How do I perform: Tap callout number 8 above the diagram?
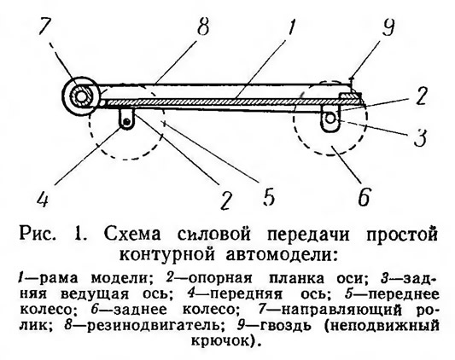(202, 25)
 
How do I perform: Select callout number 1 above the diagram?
(290, 26)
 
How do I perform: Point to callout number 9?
(388, 26)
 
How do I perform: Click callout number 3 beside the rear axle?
(421, 136)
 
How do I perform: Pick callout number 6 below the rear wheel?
(364, 196)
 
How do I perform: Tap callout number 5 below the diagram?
(268, 196)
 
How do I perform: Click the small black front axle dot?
(126, 122)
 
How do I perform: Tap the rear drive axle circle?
(330, 119)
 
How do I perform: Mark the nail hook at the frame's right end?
(352, 82)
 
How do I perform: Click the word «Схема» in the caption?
(131, 234)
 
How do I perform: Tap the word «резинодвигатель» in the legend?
(152, 325)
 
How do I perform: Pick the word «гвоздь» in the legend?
(286, 326)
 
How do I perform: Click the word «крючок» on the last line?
(220, 340)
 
